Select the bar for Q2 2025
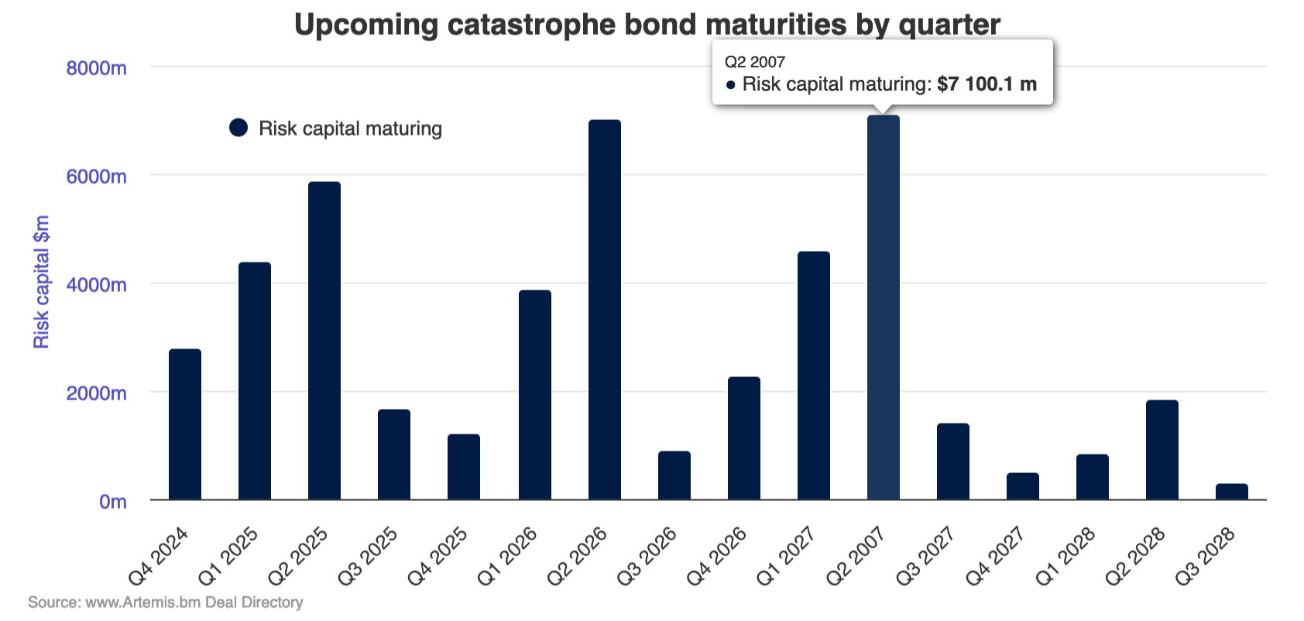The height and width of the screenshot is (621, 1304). tap(324, 341)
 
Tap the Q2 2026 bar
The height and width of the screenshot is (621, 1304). tap(605, 310)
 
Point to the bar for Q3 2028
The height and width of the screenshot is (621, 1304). tap(1232, 492)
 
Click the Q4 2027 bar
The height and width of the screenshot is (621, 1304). tap(1023, 486)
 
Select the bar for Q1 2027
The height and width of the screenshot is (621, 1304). tap(814, 376)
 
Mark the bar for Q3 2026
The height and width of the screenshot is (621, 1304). tap(674, 475)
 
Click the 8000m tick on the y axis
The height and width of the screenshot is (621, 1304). tap(96, 68)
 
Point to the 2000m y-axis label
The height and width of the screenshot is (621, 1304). tap(96, 393)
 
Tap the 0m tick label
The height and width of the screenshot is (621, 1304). tap(112, 502)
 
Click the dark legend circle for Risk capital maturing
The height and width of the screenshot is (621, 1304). tap(238, 128)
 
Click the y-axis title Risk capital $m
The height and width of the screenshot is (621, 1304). tap(41, 282)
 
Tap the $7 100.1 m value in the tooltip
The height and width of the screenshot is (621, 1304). tap(987, 84)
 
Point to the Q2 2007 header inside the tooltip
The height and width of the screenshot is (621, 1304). tap(755, 62)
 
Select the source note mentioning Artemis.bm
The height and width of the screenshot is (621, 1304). tap(166, 602)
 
